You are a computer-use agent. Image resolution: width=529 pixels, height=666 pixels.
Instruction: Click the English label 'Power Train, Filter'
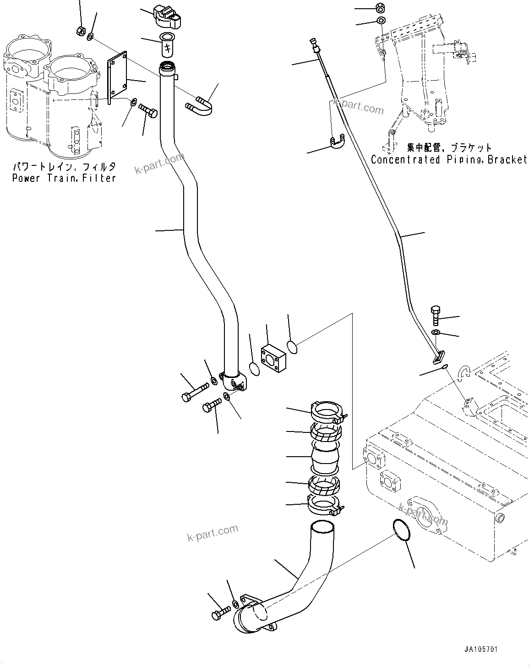pos(64,178)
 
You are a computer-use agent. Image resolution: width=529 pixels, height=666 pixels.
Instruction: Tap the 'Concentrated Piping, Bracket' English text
pos(449,159)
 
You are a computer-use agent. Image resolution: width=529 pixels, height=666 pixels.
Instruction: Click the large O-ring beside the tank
pos(402,531)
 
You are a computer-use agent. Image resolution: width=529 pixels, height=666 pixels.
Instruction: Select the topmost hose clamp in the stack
pos(328,411)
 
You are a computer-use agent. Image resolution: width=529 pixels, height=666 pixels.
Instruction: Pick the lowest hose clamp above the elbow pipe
pos(325,506)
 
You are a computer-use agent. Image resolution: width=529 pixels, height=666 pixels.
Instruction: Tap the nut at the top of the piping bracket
pos(380,7)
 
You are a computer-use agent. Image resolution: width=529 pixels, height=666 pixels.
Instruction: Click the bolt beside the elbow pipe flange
pos(222,611)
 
